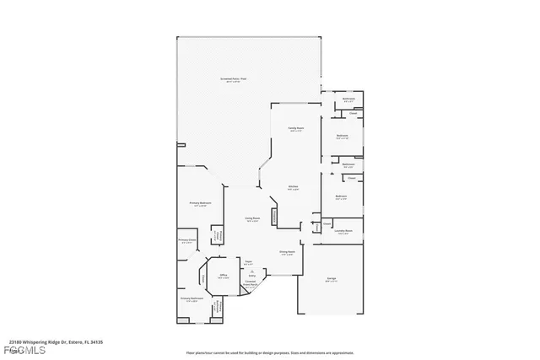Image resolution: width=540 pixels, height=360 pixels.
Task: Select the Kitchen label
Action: [293, 187]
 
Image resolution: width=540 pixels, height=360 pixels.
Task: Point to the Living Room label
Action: [251, 218]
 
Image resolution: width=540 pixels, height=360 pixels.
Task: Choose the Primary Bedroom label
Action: [200, 204]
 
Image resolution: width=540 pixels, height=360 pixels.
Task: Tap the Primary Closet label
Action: [186, 242]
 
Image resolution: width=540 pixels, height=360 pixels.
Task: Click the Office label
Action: [224, 275]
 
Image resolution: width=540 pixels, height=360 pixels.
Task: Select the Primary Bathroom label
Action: [192, 298]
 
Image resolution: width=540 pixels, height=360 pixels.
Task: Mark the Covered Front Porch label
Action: [251, 283]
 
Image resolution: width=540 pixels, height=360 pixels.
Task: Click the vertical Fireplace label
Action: [274, 216]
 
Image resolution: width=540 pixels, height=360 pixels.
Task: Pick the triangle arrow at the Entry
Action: [251, 270]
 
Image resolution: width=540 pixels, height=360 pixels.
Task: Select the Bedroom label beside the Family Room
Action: [343, 136]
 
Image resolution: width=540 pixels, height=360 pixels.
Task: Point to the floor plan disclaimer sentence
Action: [269, 352]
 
